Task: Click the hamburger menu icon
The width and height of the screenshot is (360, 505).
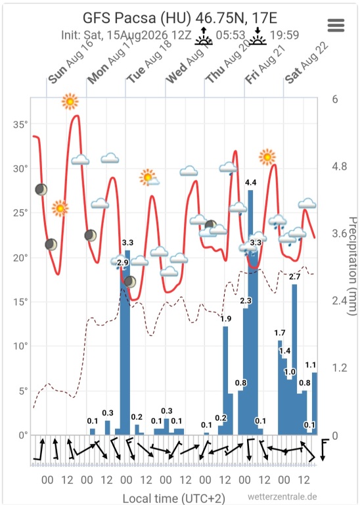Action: [336, 25]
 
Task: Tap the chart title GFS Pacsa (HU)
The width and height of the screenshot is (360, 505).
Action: [137, 18]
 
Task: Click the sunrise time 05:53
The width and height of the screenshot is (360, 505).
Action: [231, 35]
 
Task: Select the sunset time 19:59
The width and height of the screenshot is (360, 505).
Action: [284, 35]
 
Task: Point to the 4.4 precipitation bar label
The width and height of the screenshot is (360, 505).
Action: [250, 183]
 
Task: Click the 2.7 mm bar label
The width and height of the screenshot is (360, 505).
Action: [294, 276]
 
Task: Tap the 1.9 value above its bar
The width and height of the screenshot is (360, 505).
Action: [226, 319]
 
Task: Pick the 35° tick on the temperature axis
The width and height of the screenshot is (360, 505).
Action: [20, 125]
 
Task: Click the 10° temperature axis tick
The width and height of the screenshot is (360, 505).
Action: [20, 347]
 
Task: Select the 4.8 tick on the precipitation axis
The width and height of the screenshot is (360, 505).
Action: [340, 166]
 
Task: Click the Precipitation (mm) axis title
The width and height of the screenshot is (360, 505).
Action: [352, 266]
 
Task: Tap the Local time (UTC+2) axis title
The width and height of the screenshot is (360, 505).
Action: [173, 498]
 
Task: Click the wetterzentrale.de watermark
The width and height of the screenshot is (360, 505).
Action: [282, 496]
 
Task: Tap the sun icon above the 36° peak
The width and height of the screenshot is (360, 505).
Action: [70, 101]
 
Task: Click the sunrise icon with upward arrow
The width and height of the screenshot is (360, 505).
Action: [204, 37]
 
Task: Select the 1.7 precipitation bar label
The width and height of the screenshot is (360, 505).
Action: [280, 333]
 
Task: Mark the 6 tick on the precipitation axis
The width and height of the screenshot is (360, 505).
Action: [335, 99]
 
